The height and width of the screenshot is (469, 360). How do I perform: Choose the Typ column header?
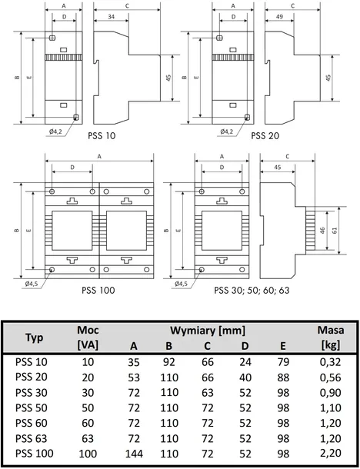[x=34, y=338]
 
